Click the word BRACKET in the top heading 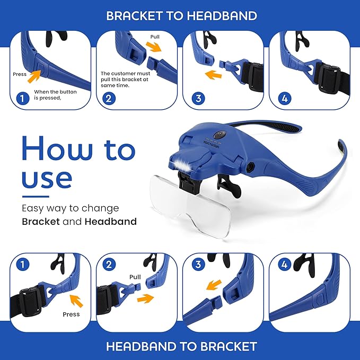click(134, 16)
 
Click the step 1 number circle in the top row click(23, 99)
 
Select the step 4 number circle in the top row click(285, 99)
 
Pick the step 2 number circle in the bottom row click(109, 265)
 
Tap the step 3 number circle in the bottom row click(198, 265)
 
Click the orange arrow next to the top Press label click(34, 76)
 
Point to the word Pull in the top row click(155, 37)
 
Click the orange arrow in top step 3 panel click(213, 75)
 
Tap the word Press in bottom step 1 click(71, 314)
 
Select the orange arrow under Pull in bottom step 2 click(145, 298)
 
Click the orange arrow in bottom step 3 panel click(214, 285)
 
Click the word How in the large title click(57, 148)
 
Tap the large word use click(47, 179)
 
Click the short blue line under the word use click(36, 197)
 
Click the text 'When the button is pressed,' click(55, 94)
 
